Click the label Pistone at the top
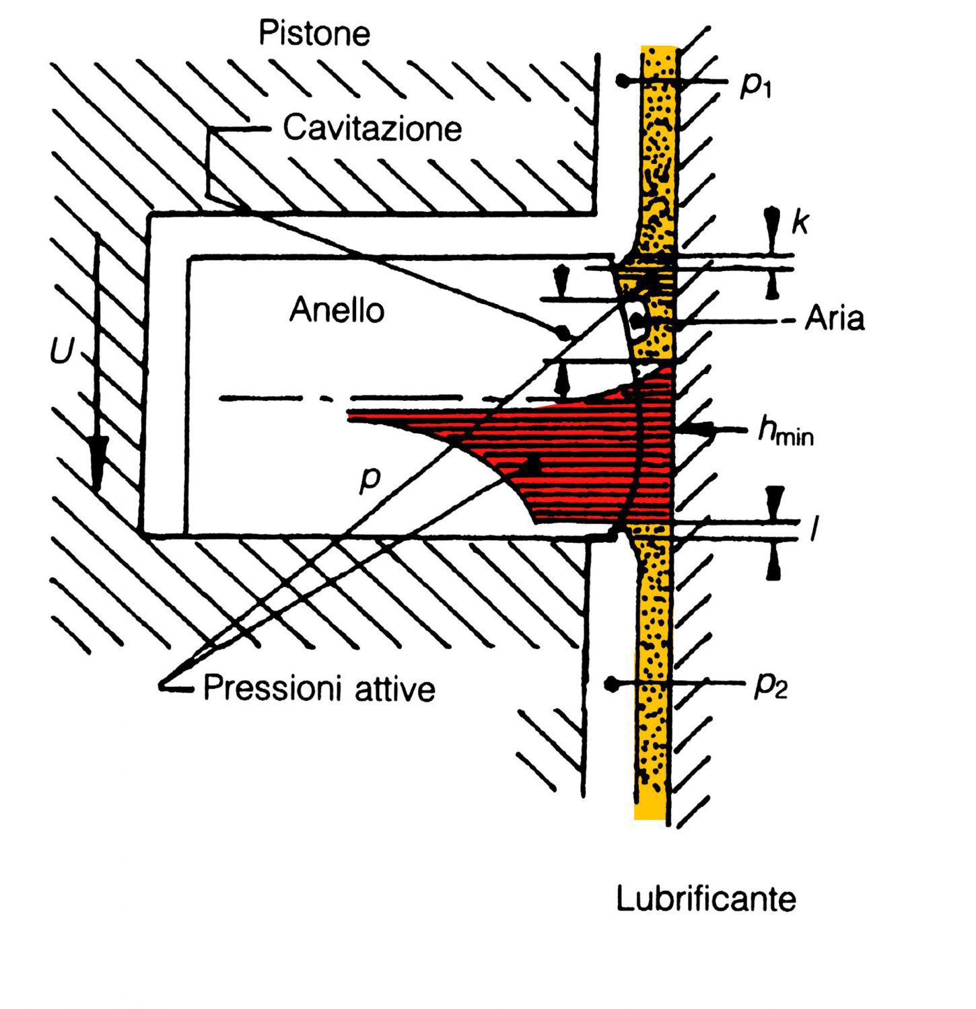tap(314, 34)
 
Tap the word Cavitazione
tap(372, 128)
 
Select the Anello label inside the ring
tap(337, 311)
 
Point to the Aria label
tap(835, 319)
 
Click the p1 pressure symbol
tap(755, 84)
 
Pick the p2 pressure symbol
tap(770, 686)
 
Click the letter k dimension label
tap(800, 221)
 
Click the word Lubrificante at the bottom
tap(706, 899)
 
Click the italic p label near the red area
tap(370, 478)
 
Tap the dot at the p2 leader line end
tap(611, 684)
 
